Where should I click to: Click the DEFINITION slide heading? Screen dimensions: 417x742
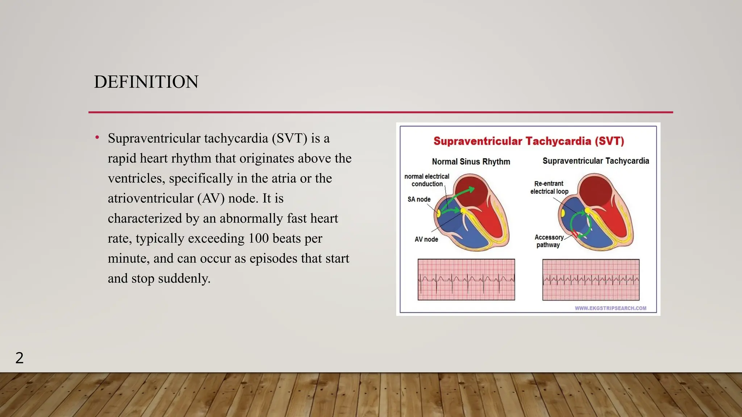[146, 82]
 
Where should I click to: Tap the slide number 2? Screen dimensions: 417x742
[20, 358]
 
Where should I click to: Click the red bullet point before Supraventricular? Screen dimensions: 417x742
[97, 138]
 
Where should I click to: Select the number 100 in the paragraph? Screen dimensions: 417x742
[258, 239]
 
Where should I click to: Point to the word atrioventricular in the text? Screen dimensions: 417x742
[151, 198]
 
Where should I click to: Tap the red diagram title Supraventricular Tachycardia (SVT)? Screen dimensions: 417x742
[529, 141]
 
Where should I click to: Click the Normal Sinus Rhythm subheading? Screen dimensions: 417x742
[471, 161]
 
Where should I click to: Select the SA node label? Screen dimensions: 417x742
[419, 199]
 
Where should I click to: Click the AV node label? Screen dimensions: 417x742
[426, 239]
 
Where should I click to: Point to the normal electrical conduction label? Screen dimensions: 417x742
[427, 180]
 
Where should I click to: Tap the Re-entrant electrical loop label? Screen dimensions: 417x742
[549, 188]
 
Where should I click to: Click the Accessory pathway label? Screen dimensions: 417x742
[549, 241]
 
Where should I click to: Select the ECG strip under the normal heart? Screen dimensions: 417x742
[466, 279]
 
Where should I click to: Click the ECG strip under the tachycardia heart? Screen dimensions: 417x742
[591, 279]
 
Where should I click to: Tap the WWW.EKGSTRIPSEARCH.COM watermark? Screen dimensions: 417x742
[610, 308]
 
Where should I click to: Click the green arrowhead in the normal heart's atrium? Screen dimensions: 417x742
[471, 189]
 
